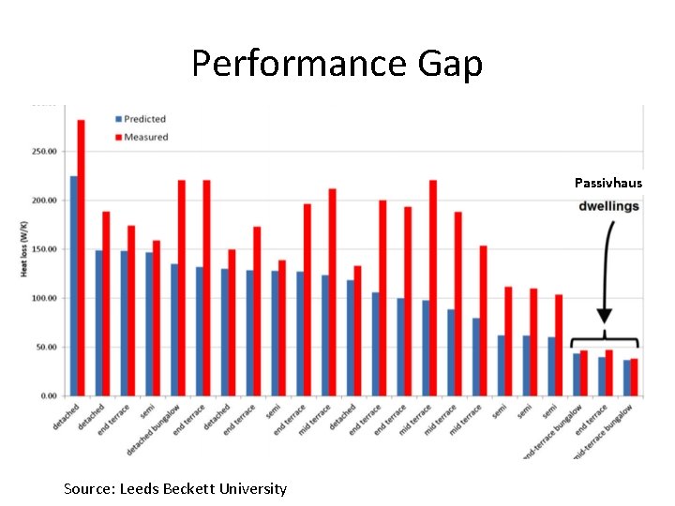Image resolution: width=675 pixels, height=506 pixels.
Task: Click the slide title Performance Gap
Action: tap(337, 64)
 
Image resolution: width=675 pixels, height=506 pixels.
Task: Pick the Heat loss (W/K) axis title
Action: tap(24, 248)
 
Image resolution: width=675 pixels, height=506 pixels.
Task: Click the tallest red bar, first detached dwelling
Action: tap(81, 258)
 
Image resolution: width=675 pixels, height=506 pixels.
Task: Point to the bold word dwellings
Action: tap(608, 205)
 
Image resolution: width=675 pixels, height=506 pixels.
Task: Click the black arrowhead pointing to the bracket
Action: tap(605, 316)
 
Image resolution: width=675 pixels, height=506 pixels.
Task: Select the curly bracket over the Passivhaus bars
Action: tap(605, 342)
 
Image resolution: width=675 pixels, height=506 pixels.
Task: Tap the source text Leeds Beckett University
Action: tap(175, 488)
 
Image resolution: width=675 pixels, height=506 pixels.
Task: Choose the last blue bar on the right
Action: tap(626, 379)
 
